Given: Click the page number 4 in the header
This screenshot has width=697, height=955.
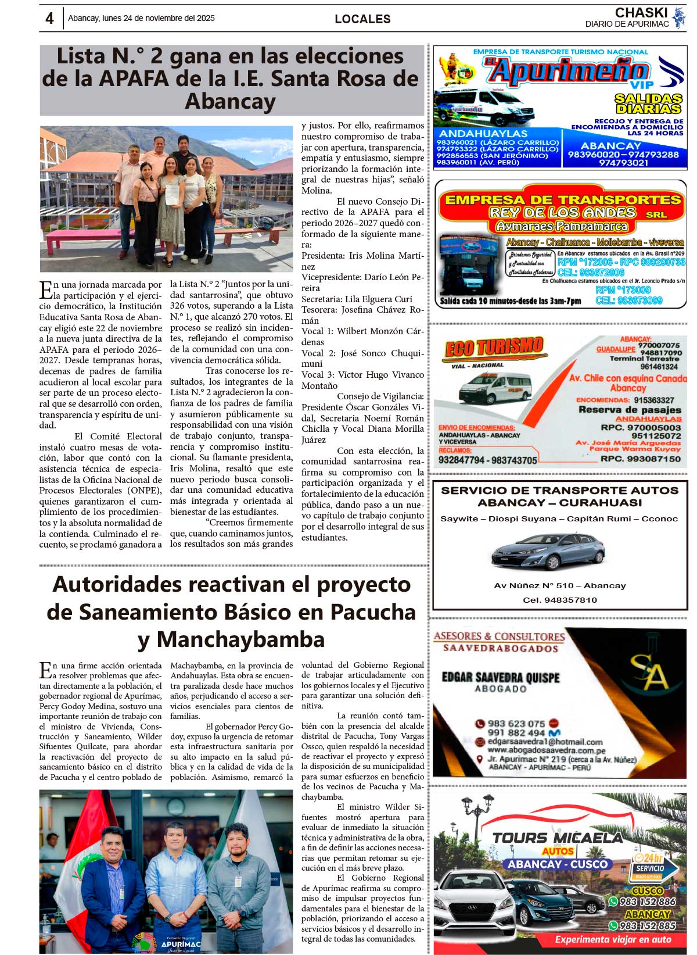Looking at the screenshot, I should [x=49, y=19].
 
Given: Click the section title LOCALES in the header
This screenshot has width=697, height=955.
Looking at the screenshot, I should [x=362, y=19].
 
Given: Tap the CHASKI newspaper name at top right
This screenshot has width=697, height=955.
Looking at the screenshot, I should [x=641, y=12].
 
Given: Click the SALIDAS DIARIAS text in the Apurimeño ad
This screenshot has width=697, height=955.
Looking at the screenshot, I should [x=648, y=103].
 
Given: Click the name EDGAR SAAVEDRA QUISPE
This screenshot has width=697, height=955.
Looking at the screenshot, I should [x=501, y=677].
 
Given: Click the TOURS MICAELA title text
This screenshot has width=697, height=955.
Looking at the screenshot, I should [x=557, y=838].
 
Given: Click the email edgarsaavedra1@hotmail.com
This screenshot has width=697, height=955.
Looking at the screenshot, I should [x=545, y=742].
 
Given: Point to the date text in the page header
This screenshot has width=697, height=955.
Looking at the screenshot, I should [x=141, y=18].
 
